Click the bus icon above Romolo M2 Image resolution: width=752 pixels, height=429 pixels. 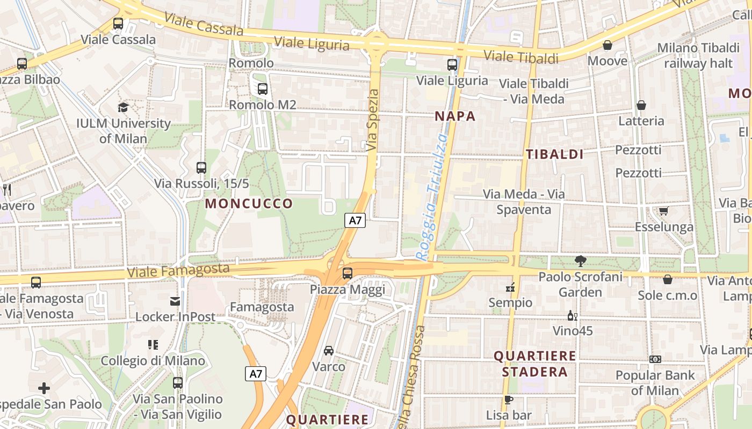tap(262, 89)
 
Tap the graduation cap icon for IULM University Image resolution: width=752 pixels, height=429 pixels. tap(123, 107)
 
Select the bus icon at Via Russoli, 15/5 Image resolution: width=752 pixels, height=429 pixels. tap(201, 168)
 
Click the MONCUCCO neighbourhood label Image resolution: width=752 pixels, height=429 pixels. tap(249, 204)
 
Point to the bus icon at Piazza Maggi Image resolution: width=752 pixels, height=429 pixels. tap(348, 273)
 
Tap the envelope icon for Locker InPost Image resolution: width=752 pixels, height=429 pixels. tap(175, 301)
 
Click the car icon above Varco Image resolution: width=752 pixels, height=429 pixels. tap(329, 351)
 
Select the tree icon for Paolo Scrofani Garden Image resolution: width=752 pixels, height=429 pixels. tap(580, 261)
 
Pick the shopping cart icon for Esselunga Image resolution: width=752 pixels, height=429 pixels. tap(664, 211)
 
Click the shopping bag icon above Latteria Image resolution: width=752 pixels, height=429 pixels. tap(641, 105)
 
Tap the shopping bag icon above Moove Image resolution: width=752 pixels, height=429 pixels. tap(608, 45)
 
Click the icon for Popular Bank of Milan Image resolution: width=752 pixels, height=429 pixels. tap(655, 359)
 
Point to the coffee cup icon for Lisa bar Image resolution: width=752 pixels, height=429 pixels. tap(508, 400)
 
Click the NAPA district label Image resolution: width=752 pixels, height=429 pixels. tap(455, 116)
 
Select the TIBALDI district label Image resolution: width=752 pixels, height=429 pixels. tap(554, 154)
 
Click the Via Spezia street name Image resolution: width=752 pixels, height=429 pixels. tap(372, 120)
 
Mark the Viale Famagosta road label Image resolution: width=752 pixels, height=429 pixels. tap(178, 270)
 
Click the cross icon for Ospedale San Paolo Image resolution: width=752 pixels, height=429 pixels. tap(44, 388)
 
